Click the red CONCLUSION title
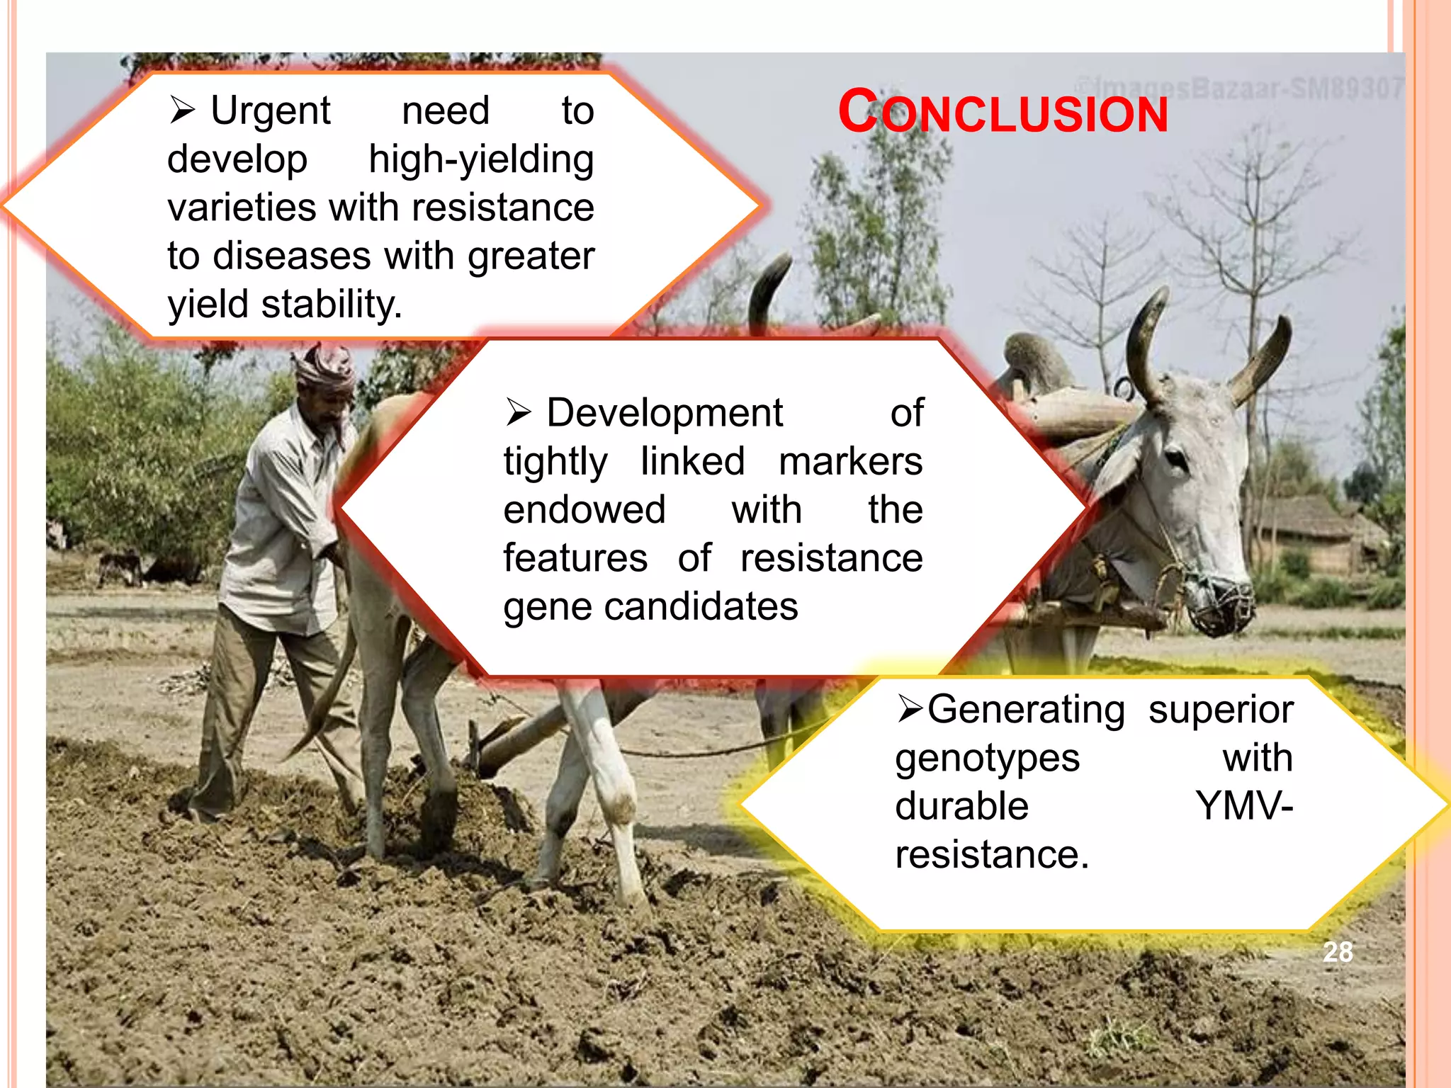pos(1003,113)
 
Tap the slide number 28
pos(1338,952)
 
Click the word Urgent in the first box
pos(271,111)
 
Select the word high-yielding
pos(481,159)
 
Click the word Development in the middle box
pos(665,413)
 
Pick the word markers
pos(850,462)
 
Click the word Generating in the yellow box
pos(1026,710)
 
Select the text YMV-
pos(1244,806)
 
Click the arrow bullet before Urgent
pos(182,110)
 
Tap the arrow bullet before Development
pos(519,412)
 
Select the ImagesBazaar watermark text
pos(1240,88)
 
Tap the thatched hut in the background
pos(1311,531)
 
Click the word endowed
pos(585,510)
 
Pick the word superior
pos(1221,710)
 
